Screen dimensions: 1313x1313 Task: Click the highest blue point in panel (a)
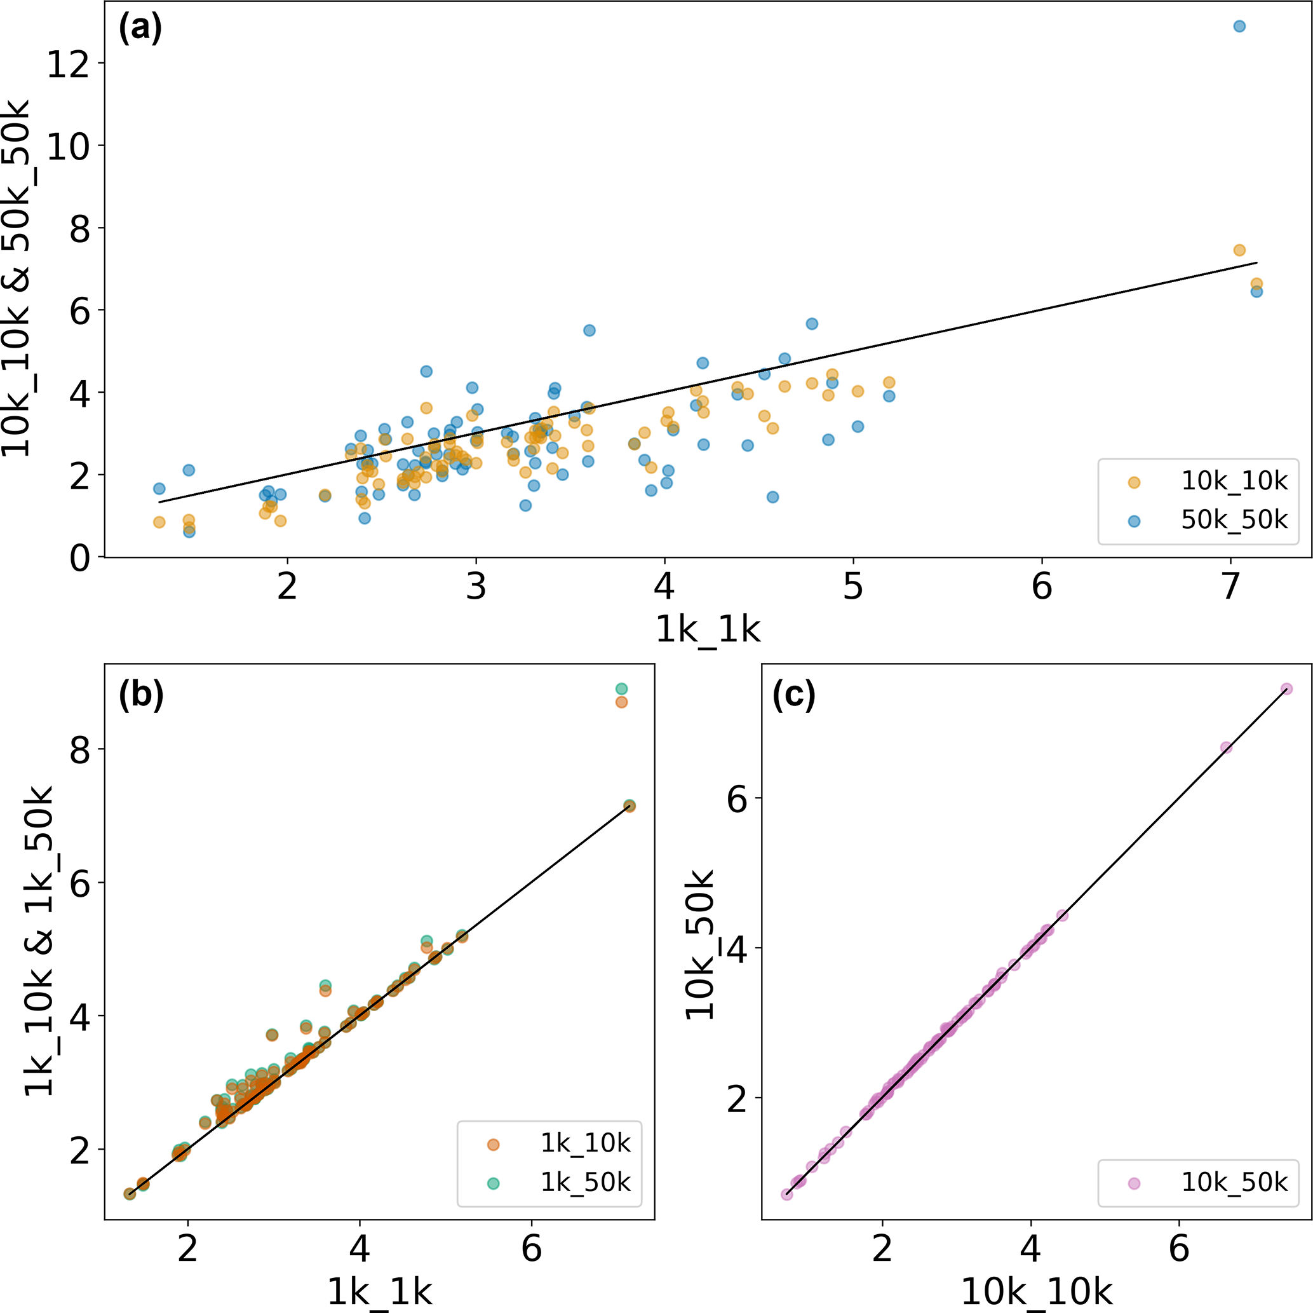[1239, 27]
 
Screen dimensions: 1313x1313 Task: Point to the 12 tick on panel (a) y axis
[68, 64]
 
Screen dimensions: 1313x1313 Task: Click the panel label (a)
[140, 29]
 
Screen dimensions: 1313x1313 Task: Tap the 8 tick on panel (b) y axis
[80, 750]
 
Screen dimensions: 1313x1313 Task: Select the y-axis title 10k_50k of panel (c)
[700, 946]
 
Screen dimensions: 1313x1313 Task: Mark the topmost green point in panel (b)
[621, 689]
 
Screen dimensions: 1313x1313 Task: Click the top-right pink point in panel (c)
[1286, 689]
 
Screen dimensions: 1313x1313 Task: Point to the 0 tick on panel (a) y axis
[79, 558]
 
